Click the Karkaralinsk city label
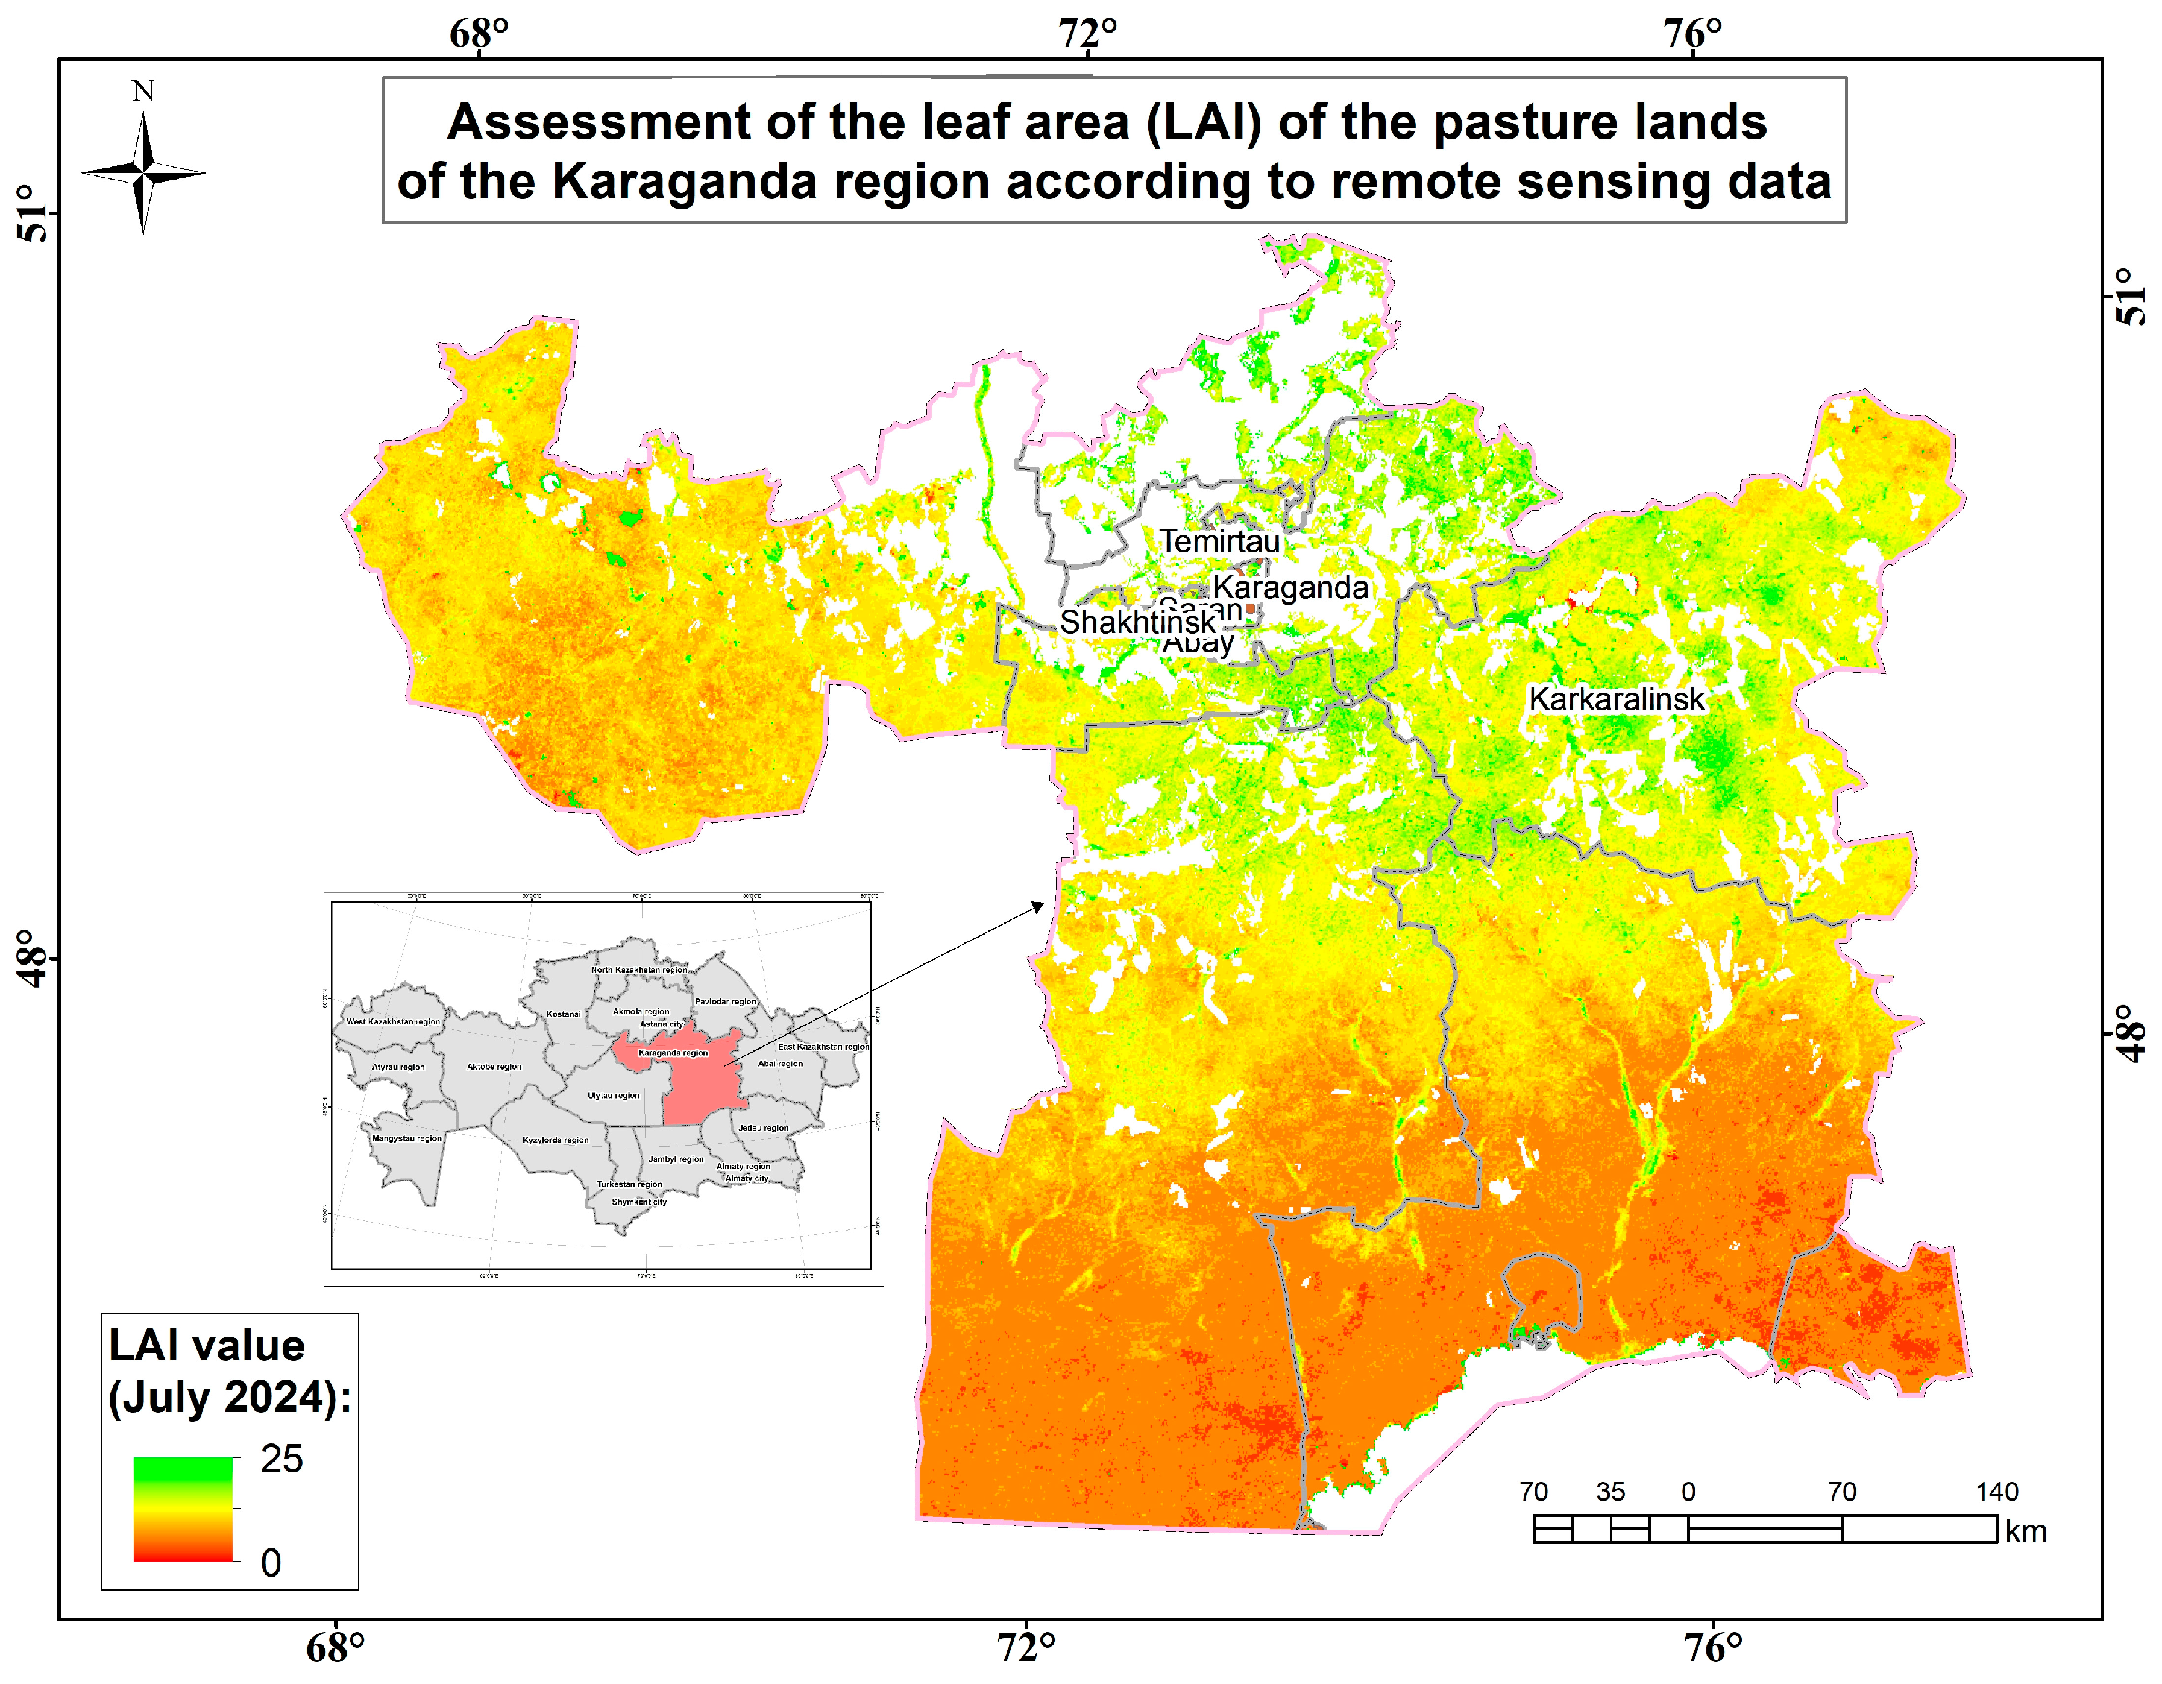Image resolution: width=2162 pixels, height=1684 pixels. coord(1615,699)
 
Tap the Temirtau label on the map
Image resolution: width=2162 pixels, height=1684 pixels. coord(1219,541)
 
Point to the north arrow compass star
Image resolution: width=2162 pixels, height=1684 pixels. coord(143,173)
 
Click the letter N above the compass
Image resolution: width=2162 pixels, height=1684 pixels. coord(143,91)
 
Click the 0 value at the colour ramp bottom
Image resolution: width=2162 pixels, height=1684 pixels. coord(270,1563)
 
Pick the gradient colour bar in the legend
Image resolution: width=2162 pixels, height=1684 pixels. coord(183,1510)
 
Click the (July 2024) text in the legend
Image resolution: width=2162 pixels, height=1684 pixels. coord(228,1398)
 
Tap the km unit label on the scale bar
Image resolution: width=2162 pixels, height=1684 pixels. coord(2025,1531)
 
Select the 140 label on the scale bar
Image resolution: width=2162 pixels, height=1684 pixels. coord(1997,1492)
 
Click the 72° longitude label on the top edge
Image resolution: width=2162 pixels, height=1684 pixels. coord(1088,34)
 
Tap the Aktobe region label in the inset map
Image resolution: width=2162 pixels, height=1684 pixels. coord(494,1067)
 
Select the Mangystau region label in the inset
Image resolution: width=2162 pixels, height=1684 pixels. coord(407,1138)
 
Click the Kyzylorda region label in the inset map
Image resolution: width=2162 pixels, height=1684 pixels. coord(555,1141)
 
